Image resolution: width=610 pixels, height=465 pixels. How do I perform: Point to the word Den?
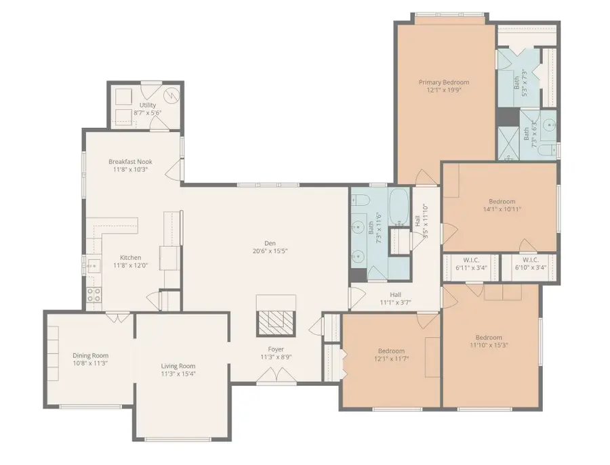pyautogui.click(x=270, y=244)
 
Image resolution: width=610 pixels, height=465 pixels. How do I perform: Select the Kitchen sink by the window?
pyautogui.click(x=93, y=265)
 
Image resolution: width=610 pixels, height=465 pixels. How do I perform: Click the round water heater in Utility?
pyautogui.click(x=173, y=95)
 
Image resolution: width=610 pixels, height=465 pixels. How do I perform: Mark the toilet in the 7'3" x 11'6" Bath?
pyautogui.click(x=361, y=201)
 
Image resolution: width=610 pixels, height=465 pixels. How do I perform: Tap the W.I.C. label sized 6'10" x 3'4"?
pyautogui.click(x=530, y=263)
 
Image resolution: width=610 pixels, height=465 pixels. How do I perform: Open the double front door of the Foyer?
pyautogui.click(x=276, y=374)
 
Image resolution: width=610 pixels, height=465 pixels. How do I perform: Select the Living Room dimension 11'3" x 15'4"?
pyautogui.click(x=178, y=374)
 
